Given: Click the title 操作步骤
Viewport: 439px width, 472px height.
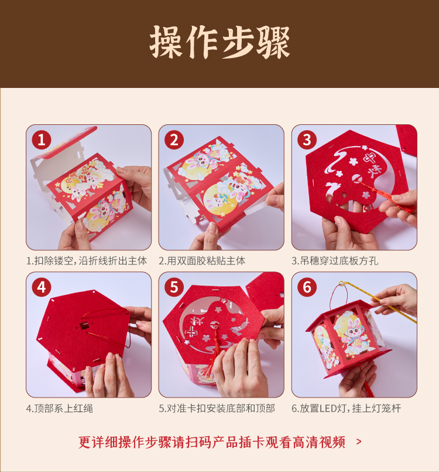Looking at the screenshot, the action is point(220,42).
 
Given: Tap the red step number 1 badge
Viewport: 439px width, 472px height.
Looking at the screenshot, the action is point(42,140).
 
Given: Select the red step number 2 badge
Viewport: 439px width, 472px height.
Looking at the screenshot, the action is point(174,140).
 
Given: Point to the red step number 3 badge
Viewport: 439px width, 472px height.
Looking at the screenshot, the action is point(307,140).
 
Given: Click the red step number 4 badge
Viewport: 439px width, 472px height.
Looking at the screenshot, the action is point(42,287).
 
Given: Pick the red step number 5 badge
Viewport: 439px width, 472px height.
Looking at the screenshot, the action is point(174,287).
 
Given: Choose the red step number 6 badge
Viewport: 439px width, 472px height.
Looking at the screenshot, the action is point(307,287).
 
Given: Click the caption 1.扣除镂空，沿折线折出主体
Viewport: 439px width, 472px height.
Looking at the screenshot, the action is point(87,261).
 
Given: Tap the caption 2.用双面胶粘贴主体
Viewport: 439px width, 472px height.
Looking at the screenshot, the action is point(202,261).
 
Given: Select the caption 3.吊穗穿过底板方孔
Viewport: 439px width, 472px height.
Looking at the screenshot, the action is point(335,261).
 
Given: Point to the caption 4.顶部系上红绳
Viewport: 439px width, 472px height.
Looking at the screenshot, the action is point(60,409).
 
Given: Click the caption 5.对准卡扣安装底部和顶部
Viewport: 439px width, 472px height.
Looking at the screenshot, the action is point(217,409).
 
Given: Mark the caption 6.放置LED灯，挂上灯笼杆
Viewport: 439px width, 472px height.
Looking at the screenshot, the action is point(346,409).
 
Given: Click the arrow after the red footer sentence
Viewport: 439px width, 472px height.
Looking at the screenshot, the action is point(359,442).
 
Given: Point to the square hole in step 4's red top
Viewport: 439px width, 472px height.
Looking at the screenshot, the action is point(84,325).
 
